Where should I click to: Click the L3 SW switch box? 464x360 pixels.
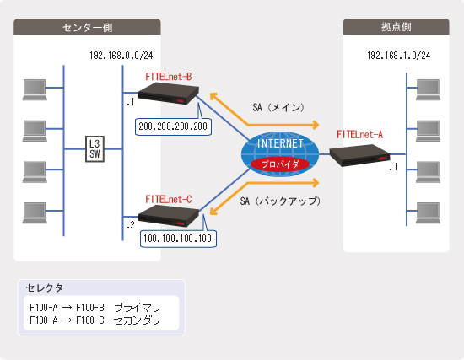[x=94, y=148]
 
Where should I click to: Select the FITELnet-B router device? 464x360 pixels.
[x=169, y=94]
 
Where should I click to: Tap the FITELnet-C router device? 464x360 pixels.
[x=169, y=216]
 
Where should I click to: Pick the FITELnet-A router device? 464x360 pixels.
[x=359, y=155]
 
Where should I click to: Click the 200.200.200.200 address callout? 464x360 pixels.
[x=173, y=126]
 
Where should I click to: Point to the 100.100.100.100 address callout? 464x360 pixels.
[x=178, y=239]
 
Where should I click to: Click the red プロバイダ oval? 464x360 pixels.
[x=280, y=164]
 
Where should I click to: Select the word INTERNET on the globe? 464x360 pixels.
[x=280, y=144]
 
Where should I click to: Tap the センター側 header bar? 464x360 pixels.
[x=87, y=27]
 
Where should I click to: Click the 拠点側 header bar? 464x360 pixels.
[x=396, y=27]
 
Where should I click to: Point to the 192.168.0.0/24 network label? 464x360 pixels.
[x=121, y=56]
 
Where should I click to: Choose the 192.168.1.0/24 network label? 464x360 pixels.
[x=398, y=56]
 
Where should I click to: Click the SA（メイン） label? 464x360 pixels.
[x=278, y=107]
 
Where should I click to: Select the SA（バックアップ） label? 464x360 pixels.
[x=280, y=201]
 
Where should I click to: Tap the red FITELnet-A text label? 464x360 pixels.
[x=359, y=135]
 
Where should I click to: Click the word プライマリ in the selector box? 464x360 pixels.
[x=137, y=308]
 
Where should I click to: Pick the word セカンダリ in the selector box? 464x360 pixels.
[x=137, y=320]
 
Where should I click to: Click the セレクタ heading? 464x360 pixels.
[x=45, y=287]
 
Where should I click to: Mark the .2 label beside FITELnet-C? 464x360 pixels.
[x=131, y=225]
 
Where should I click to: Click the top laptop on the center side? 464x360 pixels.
[x=35, y=89]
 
